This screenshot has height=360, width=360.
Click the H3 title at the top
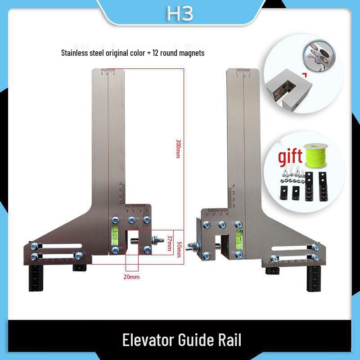tap(180, 14)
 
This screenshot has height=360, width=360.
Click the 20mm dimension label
tap(132, 277)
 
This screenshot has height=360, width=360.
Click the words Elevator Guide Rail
tap(181, 340)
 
